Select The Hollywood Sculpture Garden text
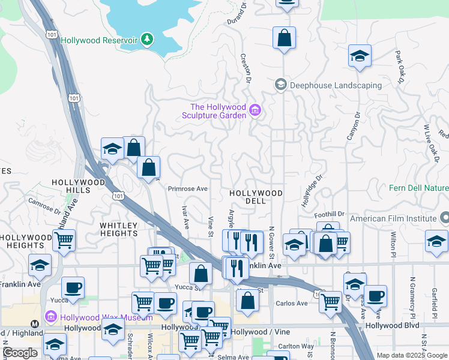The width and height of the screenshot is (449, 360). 214,111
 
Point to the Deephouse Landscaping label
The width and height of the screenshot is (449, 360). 336,85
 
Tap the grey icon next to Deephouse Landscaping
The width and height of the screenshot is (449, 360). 280,85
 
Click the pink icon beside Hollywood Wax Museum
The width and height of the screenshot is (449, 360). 51,316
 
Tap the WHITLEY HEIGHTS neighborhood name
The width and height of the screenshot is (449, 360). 119,229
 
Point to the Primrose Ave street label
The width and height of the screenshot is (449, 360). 187,188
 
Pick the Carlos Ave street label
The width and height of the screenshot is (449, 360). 292,304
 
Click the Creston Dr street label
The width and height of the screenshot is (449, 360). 246,67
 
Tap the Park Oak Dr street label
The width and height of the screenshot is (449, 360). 400,66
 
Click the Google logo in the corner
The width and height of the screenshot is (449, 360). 20,352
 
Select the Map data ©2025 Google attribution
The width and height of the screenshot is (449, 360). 411,355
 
